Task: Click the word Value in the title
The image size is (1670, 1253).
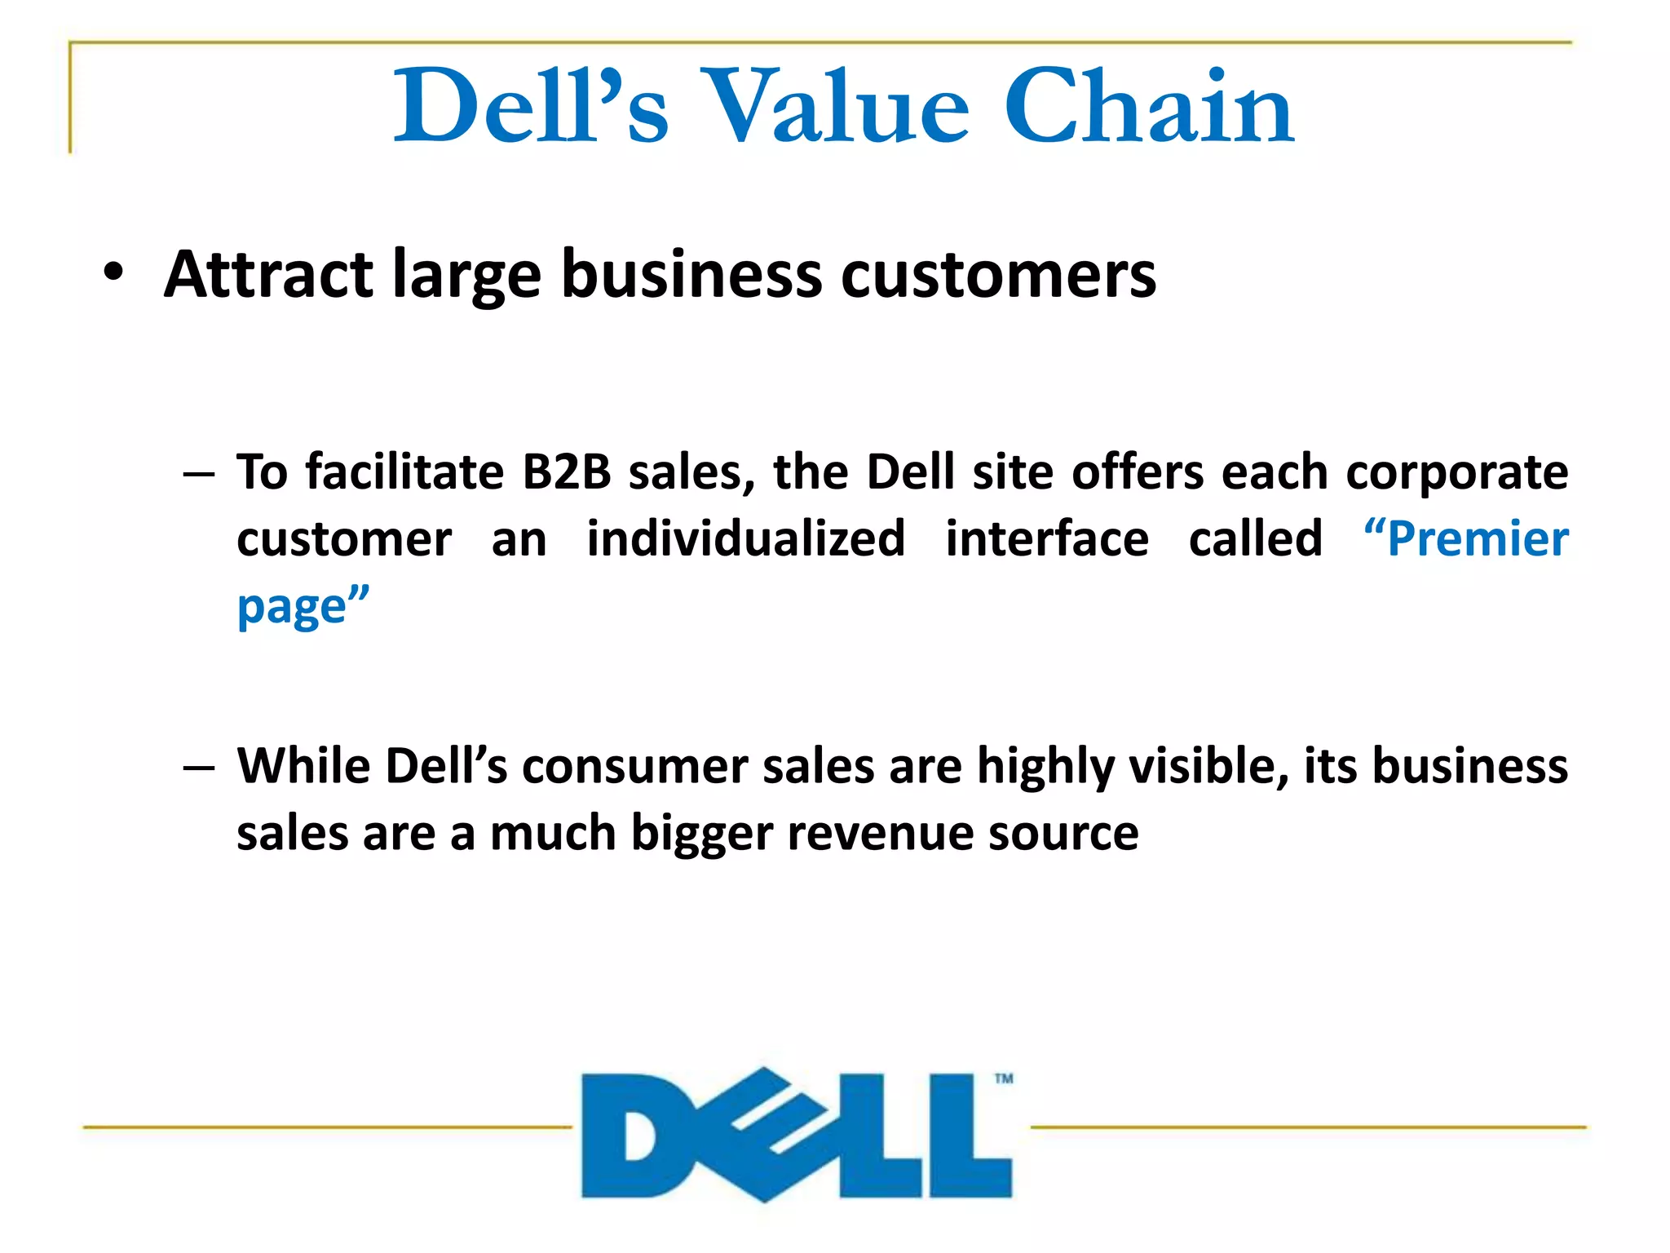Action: pos(835,107)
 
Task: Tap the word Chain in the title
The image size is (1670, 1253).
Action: pos(1149,107)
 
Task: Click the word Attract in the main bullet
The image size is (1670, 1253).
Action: pos(269,274)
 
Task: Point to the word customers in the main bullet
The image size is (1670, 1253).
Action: pos(998,276)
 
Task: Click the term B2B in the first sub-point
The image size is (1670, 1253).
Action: pos(566,472)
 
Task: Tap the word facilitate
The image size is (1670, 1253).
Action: pos(404,472)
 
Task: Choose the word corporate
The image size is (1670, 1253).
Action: pos(1456,474)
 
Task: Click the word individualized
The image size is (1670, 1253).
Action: pos(745,539)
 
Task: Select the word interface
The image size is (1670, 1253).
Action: pos(1047,539)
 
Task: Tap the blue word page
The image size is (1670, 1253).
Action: pos(292,609)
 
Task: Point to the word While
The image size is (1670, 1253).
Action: pos(303,766)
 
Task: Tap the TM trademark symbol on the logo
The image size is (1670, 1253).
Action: pos(1004,1078)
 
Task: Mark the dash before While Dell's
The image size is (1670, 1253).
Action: pos(199,768)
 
